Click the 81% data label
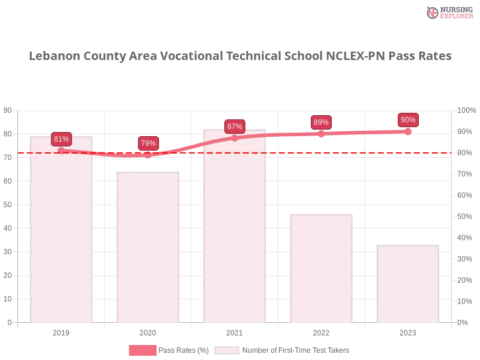click(61, 139)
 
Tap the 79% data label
click(148, 143)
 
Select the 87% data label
click(235, 127)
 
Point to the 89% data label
click(321, 122)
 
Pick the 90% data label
click(408, 120)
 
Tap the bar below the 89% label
click(322, 270)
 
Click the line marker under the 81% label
click(61, 151)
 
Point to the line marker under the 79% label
click(148, 155)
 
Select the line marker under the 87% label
click(235, 138)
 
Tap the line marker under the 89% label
click(321, 134)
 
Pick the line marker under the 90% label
click(408, 131)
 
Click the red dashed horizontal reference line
click(360, 152)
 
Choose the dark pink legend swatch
click(142, 350)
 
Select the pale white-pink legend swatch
click(227, 350)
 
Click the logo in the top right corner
click(448, 13)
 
